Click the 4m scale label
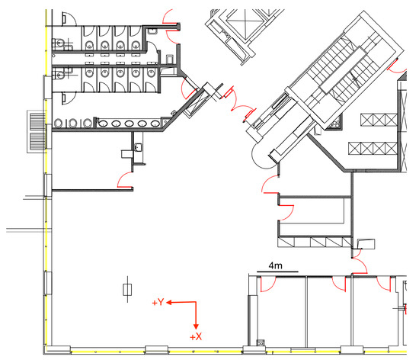pos(275,265)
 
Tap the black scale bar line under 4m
pos(277,272)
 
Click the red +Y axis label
pos(158,302)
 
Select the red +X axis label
pos(196,336)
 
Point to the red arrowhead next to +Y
pos(169,303)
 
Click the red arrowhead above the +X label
pos(196,326)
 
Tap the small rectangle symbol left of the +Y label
pos(127,290)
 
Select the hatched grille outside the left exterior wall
pos(37,132)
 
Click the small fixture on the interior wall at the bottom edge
pos(261,342)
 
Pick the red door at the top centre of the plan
pos(171,26)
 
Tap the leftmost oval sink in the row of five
pos(104,124)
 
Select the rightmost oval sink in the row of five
pos(155,124)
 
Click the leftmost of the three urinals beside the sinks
pos(58,124)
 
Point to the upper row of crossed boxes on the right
pos(379,120)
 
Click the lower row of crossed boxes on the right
pos(373,149)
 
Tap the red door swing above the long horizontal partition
pos(124,180)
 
